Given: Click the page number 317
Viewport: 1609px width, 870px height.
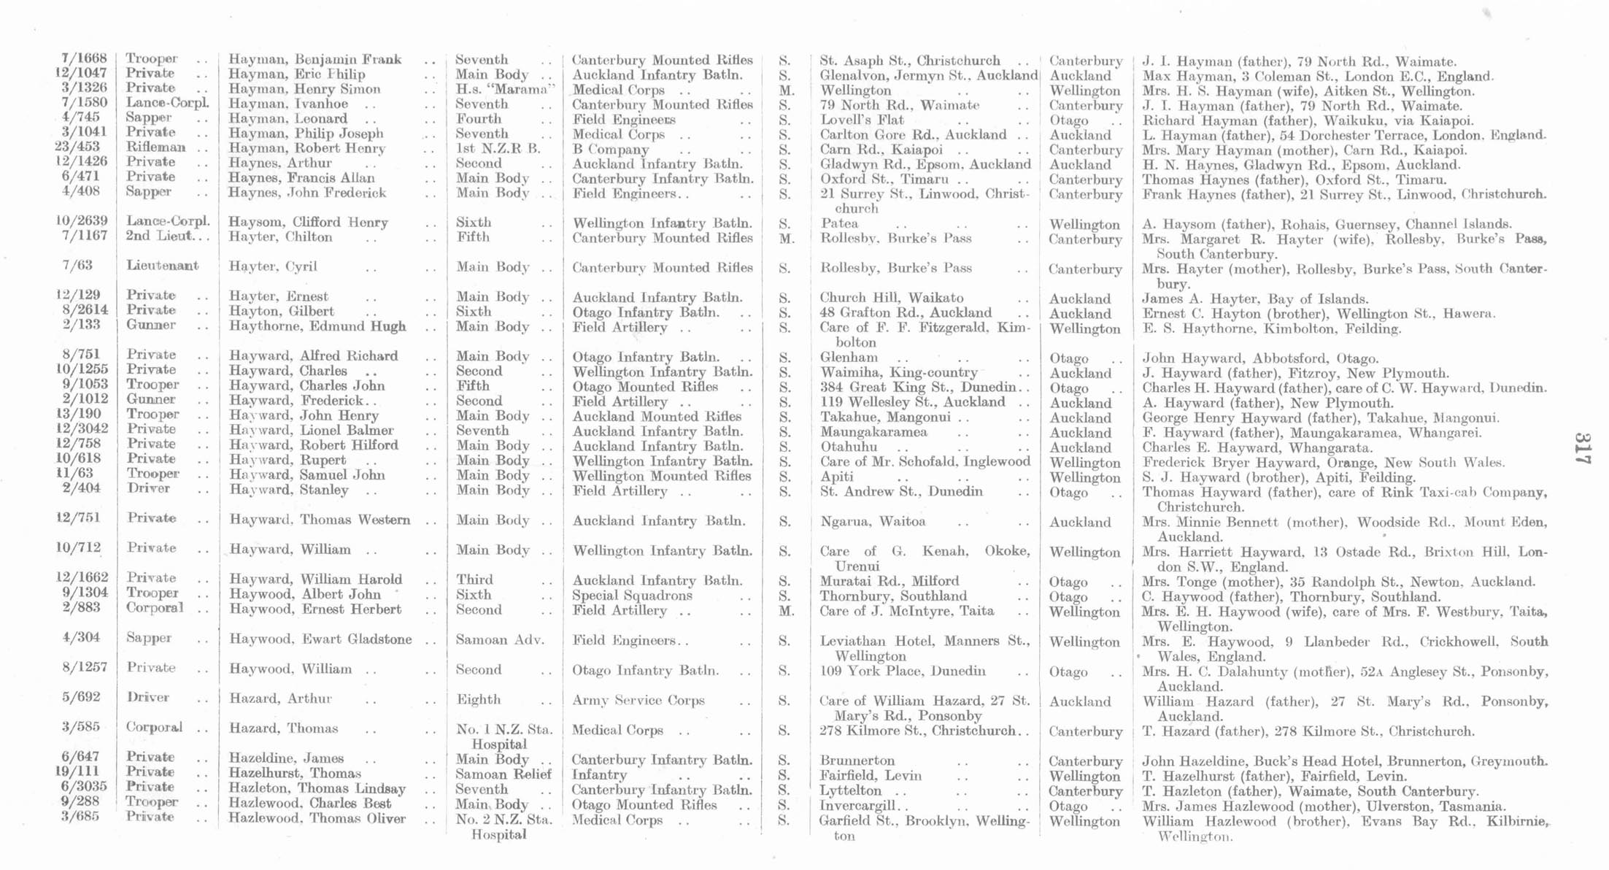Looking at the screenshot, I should tap(1581, 448).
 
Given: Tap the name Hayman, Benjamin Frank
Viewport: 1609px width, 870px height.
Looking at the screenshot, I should tap(315, 60).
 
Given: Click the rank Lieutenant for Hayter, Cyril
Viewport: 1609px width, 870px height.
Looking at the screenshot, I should tap(162, 266).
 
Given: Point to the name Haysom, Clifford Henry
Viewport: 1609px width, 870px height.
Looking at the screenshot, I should tap(308, 223).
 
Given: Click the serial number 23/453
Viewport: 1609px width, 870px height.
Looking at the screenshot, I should tap(82, 147).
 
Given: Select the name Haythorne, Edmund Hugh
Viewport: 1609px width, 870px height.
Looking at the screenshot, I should tap(317, 326).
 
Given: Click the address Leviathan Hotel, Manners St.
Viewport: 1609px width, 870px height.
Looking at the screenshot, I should tap(924, 641).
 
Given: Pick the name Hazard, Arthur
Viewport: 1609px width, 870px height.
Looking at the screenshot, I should tap(280, 698).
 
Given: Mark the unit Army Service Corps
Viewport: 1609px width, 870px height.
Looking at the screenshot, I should tap(638, 700).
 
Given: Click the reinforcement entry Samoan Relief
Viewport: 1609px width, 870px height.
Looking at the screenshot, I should tap(503, 774).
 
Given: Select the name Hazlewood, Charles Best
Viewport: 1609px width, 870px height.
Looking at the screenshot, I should tap(310, 804).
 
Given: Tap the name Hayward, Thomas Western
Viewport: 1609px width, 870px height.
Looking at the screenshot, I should tap(320, 520).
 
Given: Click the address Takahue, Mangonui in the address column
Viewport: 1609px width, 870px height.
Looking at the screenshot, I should tap(885, 417).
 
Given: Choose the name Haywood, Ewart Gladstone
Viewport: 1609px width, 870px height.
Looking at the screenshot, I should tap(320, 639).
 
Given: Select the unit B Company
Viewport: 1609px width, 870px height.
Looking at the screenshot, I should tap(611, 149).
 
